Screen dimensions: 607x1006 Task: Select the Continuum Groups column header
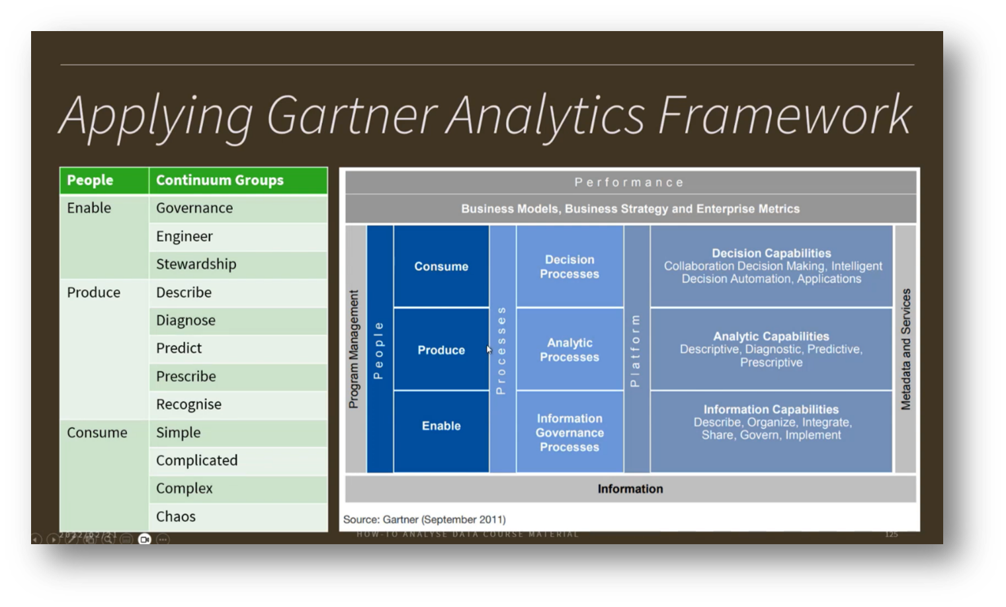pos(220,181)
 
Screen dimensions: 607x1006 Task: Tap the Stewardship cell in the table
pos(196,264)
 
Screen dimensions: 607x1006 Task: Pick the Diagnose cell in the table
pos(186,321)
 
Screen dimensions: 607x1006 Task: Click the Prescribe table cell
pos(186,377)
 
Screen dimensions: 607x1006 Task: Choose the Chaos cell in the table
pos(176,517)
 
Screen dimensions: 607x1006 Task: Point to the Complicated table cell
pos(196,461)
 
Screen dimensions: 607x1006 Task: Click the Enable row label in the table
pos(89,208)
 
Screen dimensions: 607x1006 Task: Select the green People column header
pos(90,181)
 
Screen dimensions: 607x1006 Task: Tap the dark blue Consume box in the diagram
pos(441,266)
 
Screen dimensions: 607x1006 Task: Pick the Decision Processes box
pos(569,267)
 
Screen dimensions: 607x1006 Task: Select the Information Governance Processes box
pos(569,433)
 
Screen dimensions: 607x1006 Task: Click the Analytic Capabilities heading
pos(771,337)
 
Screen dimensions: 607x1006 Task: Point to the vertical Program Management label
pos(354,349)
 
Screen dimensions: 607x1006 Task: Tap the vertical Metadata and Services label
pos(906,349)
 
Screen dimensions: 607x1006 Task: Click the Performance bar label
pos(630,182)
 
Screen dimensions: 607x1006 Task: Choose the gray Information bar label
pos(630,489)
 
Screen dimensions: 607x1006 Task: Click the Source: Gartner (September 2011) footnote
pos(425,520)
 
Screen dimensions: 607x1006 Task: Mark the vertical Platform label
pos(636,350)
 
